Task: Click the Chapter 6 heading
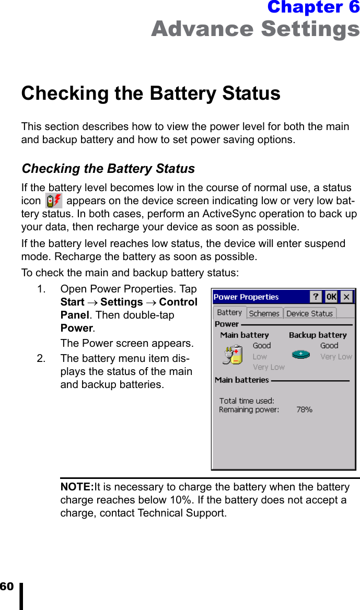313,7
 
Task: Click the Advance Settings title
255,29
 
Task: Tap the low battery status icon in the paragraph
53,201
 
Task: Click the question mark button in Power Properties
316,297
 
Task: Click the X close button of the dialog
346,297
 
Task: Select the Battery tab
229,312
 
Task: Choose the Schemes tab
264,313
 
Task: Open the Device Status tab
309,313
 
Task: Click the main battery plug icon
233,354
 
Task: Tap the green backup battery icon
301,354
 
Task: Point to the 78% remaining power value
304,410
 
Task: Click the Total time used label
247,401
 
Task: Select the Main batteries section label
242,380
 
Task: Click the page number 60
7,586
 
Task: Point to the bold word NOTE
77,487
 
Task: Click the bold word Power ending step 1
76,329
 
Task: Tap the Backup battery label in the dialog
318,335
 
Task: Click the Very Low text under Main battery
269,367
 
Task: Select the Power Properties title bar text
246,297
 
